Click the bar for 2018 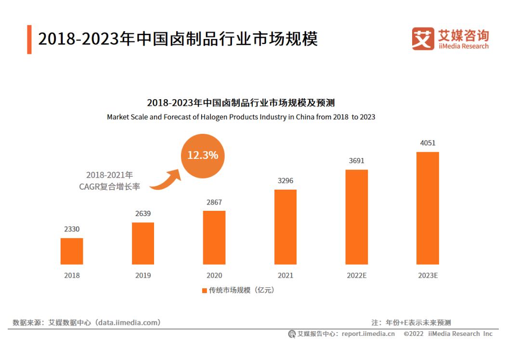coord(72,251)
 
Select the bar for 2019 coord(143,243)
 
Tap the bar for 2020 coord(214,237)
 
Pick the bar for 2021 coord(285,227)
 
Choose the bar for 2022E coord(357,217)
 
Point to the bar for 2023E coord(428,208)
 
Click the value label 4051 coord(428,143)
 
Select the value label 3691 coord(357,161)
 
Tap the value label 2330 coord(72,230)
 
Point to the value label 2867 coord(214,202)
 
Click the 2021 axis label coord(285,276)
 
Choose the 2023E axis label coord(428,276)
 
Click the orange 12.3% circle coord(203,155)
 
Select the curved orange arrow coord(166,180)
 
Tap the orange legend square coord(205,291)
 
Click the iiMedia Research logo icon coord(423,39)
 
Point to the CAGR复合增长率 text coord(110,187)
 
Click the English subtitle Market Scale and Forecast coord(241,117)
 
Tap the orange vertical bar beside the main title coord(29,39)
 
